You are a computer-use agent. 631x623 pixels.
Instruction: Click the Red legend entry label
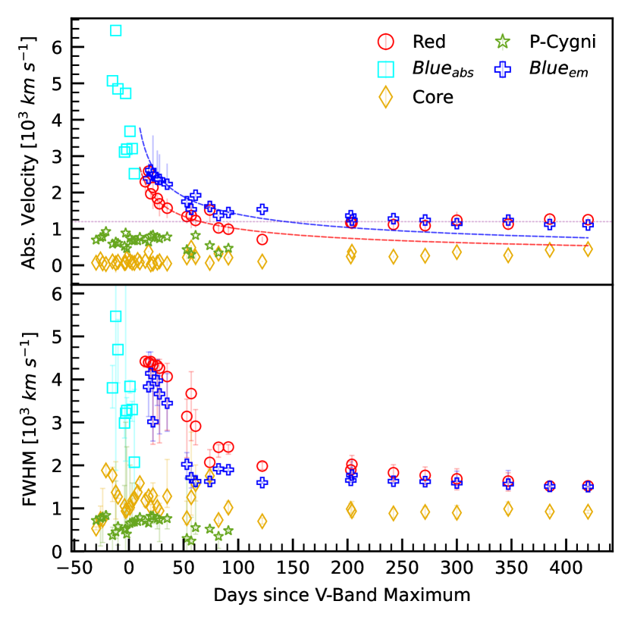point(429,41)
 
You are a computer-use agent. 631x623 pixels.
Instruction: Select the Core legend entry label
point(432,97)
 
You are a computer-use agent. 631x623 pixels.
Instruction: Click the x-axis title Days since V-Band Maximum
point(342,594)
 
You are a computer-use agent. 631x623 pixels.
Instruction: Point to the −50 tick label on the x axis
point(74,568)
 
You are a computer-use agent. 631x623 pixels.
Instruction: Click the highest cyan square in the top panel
point(116,30)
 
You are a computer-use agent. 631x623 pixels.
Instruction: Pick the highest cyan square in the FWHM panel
point(116,316)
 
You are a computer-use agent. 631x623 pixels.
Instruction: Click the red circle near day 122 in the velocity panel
point(262,239)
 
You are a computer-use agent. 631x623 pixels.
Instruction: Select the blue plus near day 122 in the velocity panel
point(262,209)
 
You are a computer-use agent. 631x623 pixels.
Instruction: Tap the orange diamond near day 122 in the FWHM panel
point(262,521)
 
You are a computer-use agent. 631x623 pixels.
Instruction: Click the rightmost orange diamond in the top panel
point(588,249)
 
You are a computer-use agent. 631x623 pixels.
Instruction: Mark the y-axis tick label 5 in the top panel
point(56,83)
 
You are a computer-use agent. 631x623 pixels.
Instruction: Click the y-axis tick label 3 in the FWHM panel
point(56,422)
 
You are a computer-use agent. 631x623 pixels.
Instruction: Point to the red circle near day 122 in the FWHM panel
point(262,466)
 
